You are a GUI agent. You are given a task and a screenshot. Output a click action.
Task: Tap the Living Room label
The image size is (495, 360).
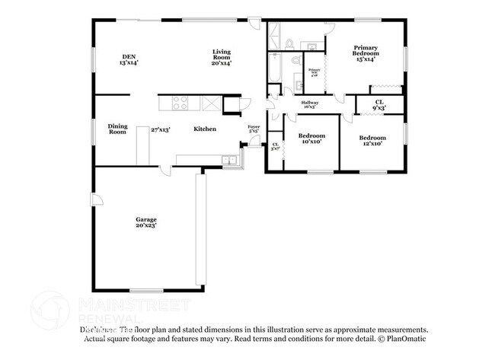pos(222,57)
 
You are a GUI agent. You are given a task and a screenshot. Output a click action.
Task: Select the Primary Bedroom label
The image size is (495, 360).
pos(365,52)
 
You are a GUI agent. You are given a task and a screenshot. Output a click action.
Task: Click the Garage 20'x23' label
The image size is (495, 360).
pos(146,223)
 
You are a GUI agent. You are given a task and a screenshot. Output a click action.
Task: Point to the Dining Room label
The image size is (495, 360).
pos(117,129)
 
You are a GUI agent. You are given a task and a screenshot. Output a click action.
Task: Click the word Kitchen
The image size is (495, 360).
pos(204,129)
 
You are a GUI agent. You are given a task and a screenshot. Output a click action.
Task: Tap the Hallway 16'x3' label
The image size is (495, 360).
pos(309,104)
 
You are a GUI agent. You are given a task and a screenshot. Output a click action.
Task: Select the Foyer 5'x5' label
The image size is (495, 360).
pos(254,129)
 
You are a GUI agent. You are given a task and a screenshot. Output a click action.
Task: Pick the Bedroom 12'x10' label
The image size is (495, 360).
pos(372,140)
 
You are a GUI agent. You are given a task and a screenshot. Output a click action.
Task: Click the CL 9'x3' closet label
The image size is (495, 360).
pos(378,104)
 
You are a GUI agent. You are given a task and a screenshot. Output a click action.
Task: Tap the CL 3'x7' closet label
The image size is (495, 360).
pos(275,146)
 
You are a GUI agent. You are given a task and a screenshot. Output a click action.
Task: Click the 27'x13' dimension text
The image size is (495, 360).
pos(159,129)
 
